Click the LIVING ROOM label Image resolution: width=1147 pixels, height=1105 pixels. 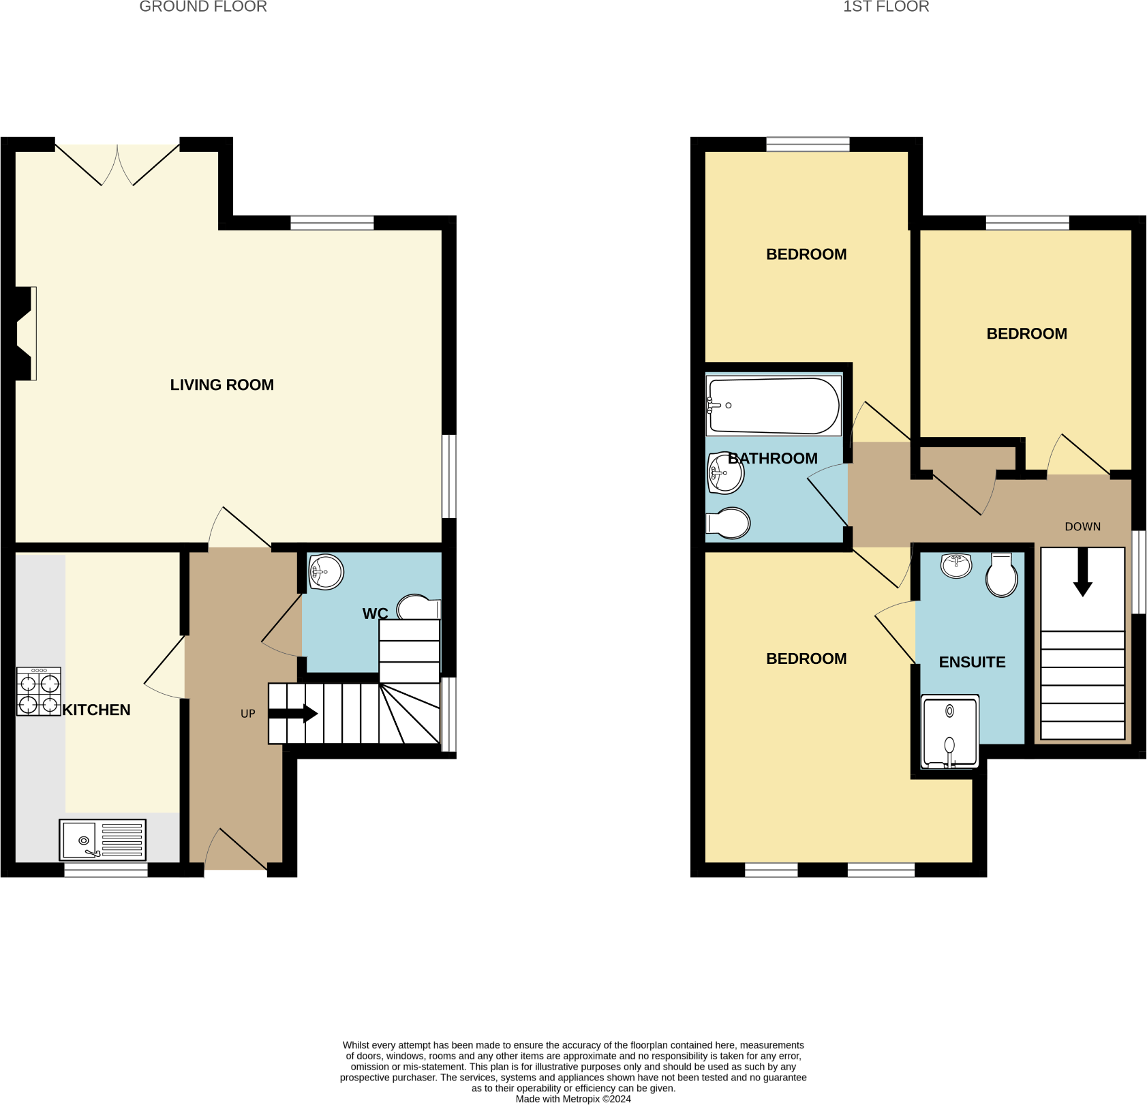[x=221, y=385]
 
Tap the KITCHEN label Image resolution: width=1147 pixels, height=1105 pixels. [x=96, y=710]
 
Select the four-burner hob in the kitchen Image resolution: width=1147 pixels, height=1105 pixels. [x=39, y=692]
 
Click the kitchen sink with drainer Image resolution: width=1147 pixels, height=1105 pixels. [x=102, y=840]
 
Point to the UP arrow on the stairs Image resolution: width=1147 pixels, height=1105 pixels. [x=293, y=714]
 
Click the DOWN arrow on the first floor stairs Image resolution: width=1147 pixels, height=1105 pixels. [x=1082, y=573]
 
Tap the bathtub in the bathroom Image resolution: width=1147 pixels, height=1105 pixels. [x=774, y=406]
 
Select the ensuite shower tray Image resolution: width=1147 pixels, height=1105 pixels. [x=949, y=731]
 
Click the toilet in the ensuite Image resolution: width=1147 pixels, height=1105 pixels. [x=1001, y=575]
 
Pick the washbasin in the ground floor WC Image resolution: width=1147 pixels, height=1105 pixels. [x=326, y=572]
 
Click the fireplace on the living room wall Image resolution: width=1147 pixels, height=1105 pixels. [x=26, y=333]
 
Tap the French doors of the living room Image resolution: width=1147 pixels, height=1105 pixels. [x=117, y=164]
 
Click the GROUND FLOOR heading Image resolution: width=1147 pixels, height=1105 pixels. [x=203, y=7]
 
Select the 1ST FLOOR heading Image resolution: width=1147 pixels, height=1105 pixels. [x=885, y=7]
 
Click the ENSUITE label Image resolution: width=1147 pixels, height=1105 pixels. [x=972, y=663]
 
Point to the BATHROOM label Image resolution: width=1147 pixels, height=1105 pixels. [x=772, y=459]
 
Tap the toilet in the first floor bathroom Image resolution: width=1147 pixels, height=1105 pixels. [x=729, y=524]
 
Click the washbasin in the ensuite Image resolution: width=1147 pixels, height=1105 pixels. [x=956, y=565]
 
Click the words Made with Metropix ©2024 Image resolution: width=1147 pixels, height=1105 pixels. [x=572, y=1099]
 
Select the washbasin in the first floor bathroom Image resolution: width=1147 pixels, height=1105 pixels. [x=725, y=472]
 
